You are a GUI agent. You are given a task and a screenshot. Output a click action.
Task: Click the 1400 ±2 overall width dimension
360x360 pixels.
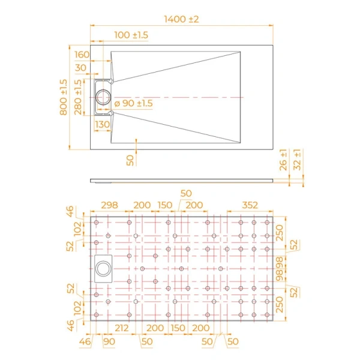[x=181, y=19]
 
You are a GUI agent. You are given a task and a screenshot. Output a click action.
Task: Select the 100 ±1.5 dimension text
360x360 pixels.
[x=131, y=35]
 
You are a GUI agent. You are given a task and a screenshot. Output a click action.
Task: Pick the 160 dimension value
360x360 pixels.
[x=82, y=55]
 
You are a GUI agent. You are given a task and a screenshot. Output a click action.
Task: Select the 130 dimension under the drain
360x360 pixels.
[x=102, y=124]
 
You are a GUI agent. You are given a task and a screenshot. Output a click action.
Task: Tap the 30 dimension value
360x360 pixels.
[x=81, y=67]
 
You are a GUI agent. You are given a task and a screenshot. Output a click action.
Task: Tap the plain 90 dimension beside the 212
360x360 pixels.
[x=92, y=343]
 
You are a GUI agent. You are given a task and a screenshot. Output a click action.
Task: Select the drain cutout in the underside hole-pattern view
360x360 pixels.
[x=103, y=268]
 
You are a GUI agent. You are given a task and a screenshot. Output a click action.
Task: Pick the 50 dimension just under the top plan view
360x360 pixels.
[x=130, y=159]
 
